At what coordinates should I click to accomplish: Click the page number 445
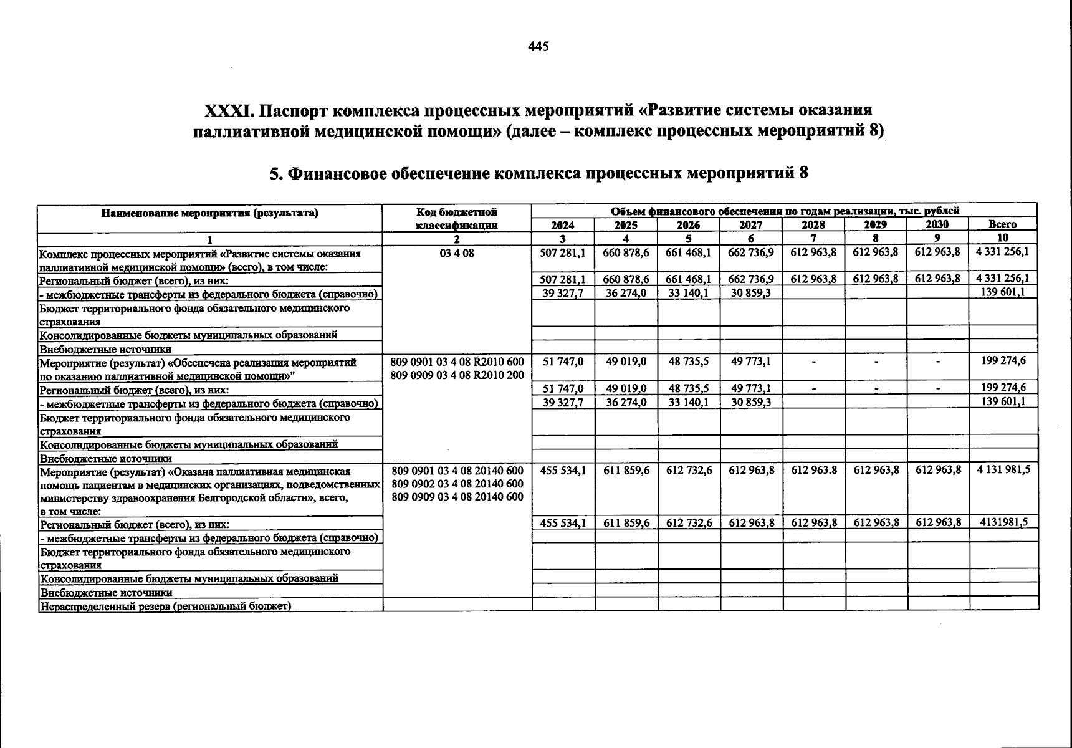tap(538, 47)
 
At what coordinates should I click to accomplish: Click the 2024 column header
tap(563, 225)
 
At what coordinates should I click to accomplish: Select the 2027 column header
tap(750, 225)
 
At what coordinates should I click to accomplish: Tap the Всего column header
tap(1002, 224)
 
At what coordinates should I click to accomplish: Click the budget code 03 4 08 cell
tap(457, 254)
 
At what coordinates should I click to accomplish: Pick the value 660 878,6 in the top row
tap(626, 253)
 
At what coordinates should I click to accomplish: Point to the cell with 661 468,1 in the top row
tap(688, 253)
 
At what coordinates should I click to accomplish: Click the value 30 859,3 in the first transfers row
tap(750, 293)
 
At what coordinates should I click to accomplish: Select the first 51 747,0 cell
tap(563, 362)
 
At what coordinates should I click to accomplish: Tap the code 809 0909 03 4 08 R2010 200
tap(457, 375)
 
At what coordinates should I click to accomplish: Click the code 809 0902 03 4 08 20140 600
tap(457, 484)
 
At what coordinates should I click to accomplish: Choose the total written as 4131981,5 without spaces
tap(1002, 522)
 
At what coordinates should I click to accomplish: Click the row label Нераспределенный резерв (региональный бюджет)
tap(165, 606)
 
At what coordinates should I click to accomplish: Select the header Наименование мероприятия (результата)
tap(209, 213)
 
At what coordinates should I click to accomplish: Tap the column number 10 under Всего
tap(1002, 237)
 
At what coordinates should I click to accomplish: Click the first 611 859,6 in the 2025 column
tap(626, 471)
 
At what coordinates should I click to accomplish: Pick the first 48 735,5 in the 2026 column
tap(688, 362)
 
